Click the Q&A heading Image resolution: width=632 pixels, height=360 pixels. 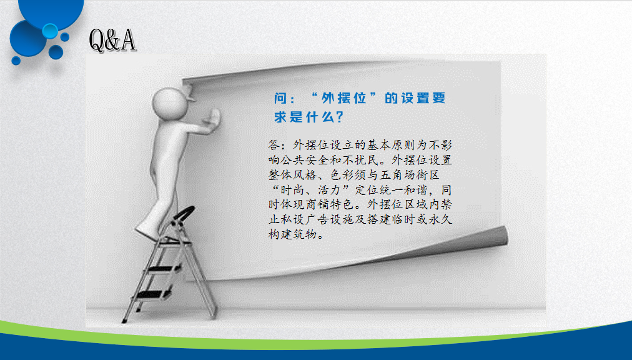point(112,40)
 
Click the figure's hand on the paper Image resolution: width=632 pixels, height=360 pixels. point(212,118)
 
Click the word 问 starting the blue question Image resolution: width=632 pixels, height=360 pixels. point(280,98)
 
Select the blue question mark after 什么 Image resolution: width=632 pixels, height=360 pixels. point(339,117)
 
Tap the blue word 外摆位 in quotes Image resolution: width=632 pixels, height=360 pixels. point(344,98)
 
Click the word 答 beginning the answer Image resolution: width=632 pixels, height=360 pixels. point(274,145)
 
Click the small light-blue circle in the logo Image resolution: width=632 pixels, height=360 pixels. point(50,31)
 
